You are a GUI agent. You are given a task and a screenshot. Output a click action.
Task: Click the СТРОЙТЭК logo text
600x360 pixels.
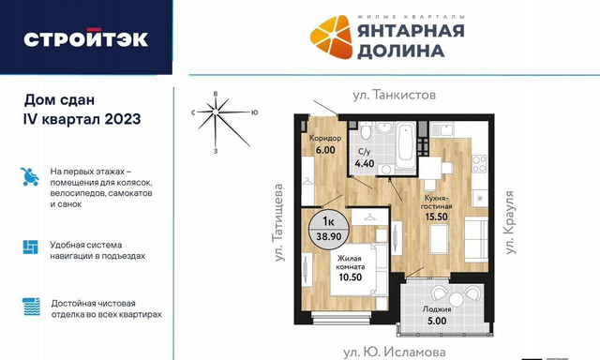coord(85,38)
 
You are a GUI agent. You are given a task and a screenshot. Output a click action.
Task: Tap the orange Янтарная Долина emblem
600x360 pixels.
coord(331,37)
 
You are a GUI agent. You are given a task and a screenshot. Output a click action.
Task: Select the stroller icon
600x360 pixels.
coord(29,177)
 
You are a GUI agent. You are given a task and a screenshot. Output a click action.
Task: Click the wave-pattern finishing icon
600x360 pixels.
coord(31,307)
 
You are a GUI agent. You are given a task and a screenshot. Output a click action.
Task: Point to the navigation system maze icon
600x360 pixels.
coord(31,247)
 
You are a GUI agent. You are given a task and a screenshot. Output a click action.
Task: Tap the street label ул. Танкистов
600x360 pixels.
coord(394,95)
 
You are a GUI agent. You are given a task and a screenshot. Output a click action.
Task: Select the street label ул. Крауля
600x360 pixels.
coord(510,222)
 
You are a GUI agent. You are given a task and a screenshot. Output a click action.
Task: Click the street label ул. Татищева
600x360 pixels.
coord(279,223)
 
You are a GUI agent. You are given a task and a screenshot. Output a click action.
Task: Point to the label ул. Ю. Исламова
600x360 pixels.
coord(394,352)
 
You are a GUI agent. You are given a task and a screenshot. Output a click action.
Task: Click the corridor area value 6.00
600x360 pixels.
coord(325,150)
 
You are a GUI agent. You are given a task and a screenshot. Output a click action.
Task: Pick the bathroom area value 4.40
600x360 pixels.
coord(365,164)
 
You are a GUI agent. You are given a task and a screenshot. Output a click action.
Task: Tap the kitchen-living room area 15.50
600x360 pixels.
coord(437,217)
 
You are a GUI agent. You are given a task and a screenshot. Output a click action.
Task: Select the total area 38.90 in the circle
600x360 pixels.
coord(329,236)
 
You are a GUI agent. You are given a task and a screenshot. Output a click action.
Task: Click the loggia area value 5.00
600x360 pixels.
coord(437,321)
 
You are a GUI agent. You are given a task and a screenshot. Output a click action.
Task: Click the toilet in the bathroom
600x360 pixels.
coord(367,130)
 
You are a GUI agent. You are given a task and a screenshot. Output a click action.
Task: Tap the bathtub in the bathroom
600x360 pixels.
coord(405,145)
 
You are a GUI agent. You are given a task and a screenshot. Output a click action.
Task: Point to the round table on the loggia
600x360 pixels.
coord(456,299)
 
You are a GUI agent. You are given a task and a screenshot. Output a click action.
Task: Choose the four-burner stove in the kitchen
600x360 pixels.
coord(479,164)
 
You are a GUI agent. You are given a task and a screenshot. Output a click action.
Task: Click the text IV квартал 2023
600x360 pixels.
coord(82,119)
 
